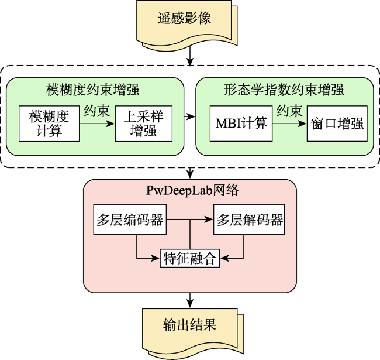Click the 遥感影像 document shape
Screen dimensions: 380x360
(186, 23)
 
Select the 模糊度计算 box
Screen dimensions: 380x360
(49, 124)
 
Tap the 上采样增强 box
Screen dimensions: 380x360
(144, 124)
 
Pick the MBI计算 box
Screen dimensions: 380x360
(241, 124)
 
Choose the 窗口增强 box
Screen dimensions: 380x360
(337, 124)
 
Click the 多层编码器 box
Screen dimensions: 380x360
(130, 220)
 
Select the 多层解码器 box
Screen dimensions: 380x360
(249, 220)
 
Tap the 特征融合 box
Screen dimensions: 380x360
(190, 258)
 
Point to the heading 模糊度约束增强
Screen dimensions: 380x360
(92, 90)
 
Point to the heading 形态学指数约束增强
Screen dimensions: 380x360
(284, 90)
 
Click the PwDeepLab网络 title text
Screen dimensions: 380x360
(193, 190)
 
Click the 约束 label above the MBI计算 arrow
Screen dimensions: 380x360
(289, 111)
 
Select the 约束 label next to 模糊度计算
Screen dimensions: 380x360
(97, 111)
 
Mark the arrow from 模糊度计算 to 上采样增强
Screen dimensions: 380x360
(97, 124)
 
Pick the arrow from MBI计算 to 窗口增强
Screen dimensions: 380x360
(289, 124)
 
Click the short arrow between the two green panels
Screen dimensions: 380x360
(190, 116)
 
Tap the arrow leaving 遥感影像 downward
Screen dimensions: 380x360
(190, 56)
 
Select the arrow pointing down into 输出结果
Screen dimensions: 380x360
(190, 300)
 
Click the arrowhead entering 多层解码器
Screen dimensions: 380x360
(209, 220)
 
